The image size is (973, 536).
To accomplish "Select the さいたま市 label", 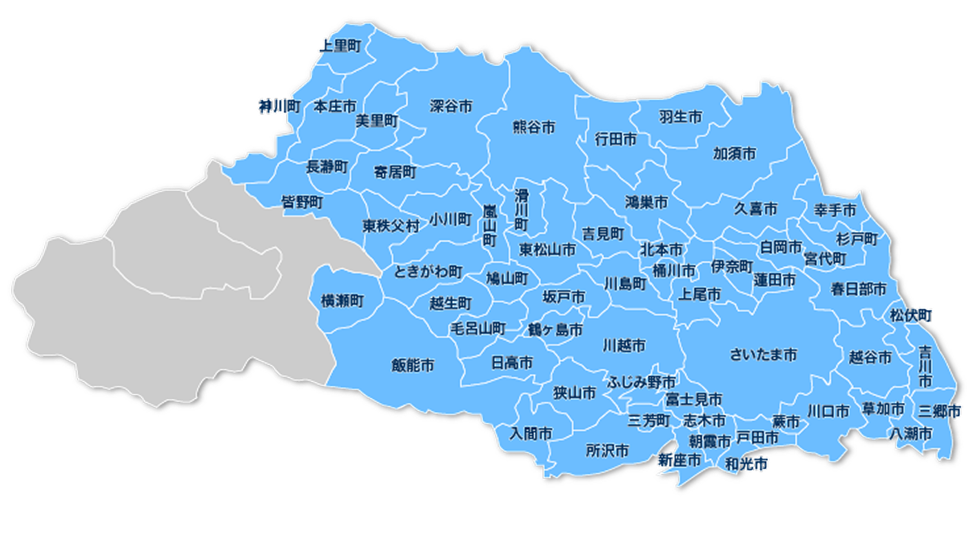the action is (x=764, y=355).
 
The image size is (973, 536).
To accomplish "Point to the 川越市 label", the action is (x=624, y=345).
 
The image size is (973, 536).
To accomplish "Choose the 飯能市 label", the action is (x=413, y=365).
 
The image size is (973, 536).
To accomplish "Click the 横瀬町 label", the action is (x=342, y=300).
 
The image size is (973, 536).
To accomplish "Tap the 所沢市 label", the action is (x=607, y=451).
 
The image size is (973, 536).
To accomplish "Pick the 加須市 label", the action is (x=735, y=153).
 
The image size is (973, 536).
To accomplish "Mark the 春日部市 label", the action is (x=858, y=288).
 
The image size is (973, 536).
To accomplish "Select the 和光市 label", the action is (x=747, y=465).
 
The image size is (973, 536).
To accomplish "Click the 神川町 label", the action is (x=280, y=106).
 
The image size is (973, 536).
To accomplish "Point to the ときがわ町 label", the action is (x=429, y=271).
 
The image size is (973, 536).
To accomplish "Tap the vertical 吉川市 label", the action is (x=925, y=366).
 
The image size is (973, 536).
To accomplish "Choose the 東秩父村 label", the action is (x=391, y=226).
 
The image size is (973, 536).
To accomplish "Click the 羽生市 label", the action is (x=680, y=117).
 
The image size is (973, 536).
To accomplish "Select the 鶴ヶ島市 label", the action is (x=555, y=329).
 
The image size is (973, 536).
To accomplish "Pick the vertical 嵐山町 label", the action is (x=489, y=225).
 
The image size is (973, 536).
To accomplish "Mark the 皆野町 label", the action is (x=303, y=203).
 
